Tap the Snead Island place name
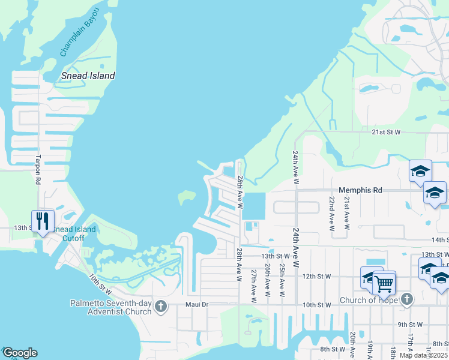click(x=88, y=76)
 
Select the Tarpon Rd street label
click(x=38, y=170)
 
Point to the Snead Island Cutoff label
click(x=74, y=233)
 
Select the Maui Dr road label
click(x=197, y=305)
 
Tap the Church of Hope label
click(x=368, y=300)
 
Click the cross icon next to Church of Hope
click(x=407, y=299)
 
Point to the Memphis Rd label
click(x=360, y=190)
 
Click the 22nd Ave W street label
click(x=331, y=213)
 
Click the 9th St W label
click(x=411, y=325)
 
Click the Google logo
click(x=20, y=353)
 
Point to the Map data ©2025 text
click(x=424, y=355)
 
